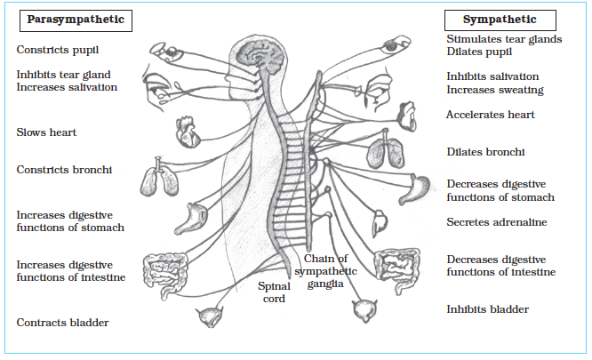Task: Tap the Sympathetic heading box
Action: (x=500, y=19)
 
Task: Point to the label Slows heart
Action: (x=46, y=132)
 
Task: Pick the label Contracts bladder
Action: (x=62, y=322)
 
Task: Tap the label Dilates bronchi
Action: (x=485, y=152)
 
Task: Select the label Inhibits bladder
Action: (x=487, y=308)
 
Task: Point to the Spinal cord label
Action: (x=273, y=292)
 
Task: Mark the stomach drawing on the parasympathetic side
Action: (x=197, y=216)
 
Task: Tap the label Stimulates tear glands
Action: (x=504, y=38)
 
